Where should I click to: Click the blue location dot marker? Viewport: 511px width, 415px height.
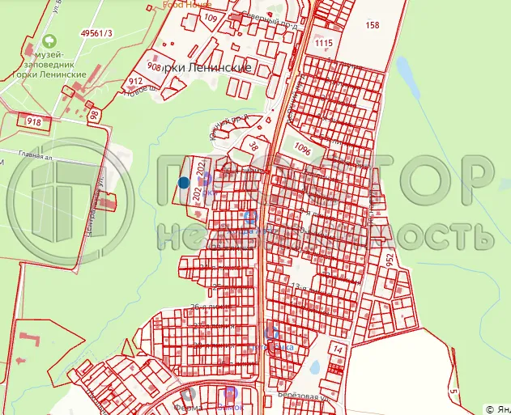184,183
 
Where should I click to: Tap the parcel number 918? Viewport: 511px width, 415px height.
34,122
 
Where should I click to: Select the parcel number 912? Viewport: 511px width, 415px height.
135,82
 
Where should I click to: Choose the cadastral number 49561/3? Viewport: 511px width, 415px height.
98,33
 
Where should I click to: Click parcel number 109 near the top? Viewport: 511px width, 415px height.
211,18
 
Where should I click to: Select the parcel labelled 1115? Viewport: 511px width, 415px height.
324,43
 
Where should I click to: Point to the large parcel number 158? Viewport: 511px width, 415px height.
373,25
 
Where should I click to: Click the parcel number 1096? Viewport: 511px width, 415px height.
304,149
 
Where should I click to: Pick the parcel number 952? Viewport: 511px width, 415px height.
390,260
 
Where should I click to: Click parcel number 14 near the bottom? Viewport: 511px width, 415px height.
339,349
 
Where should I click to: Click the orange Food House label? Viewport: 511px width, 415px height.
185,3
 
